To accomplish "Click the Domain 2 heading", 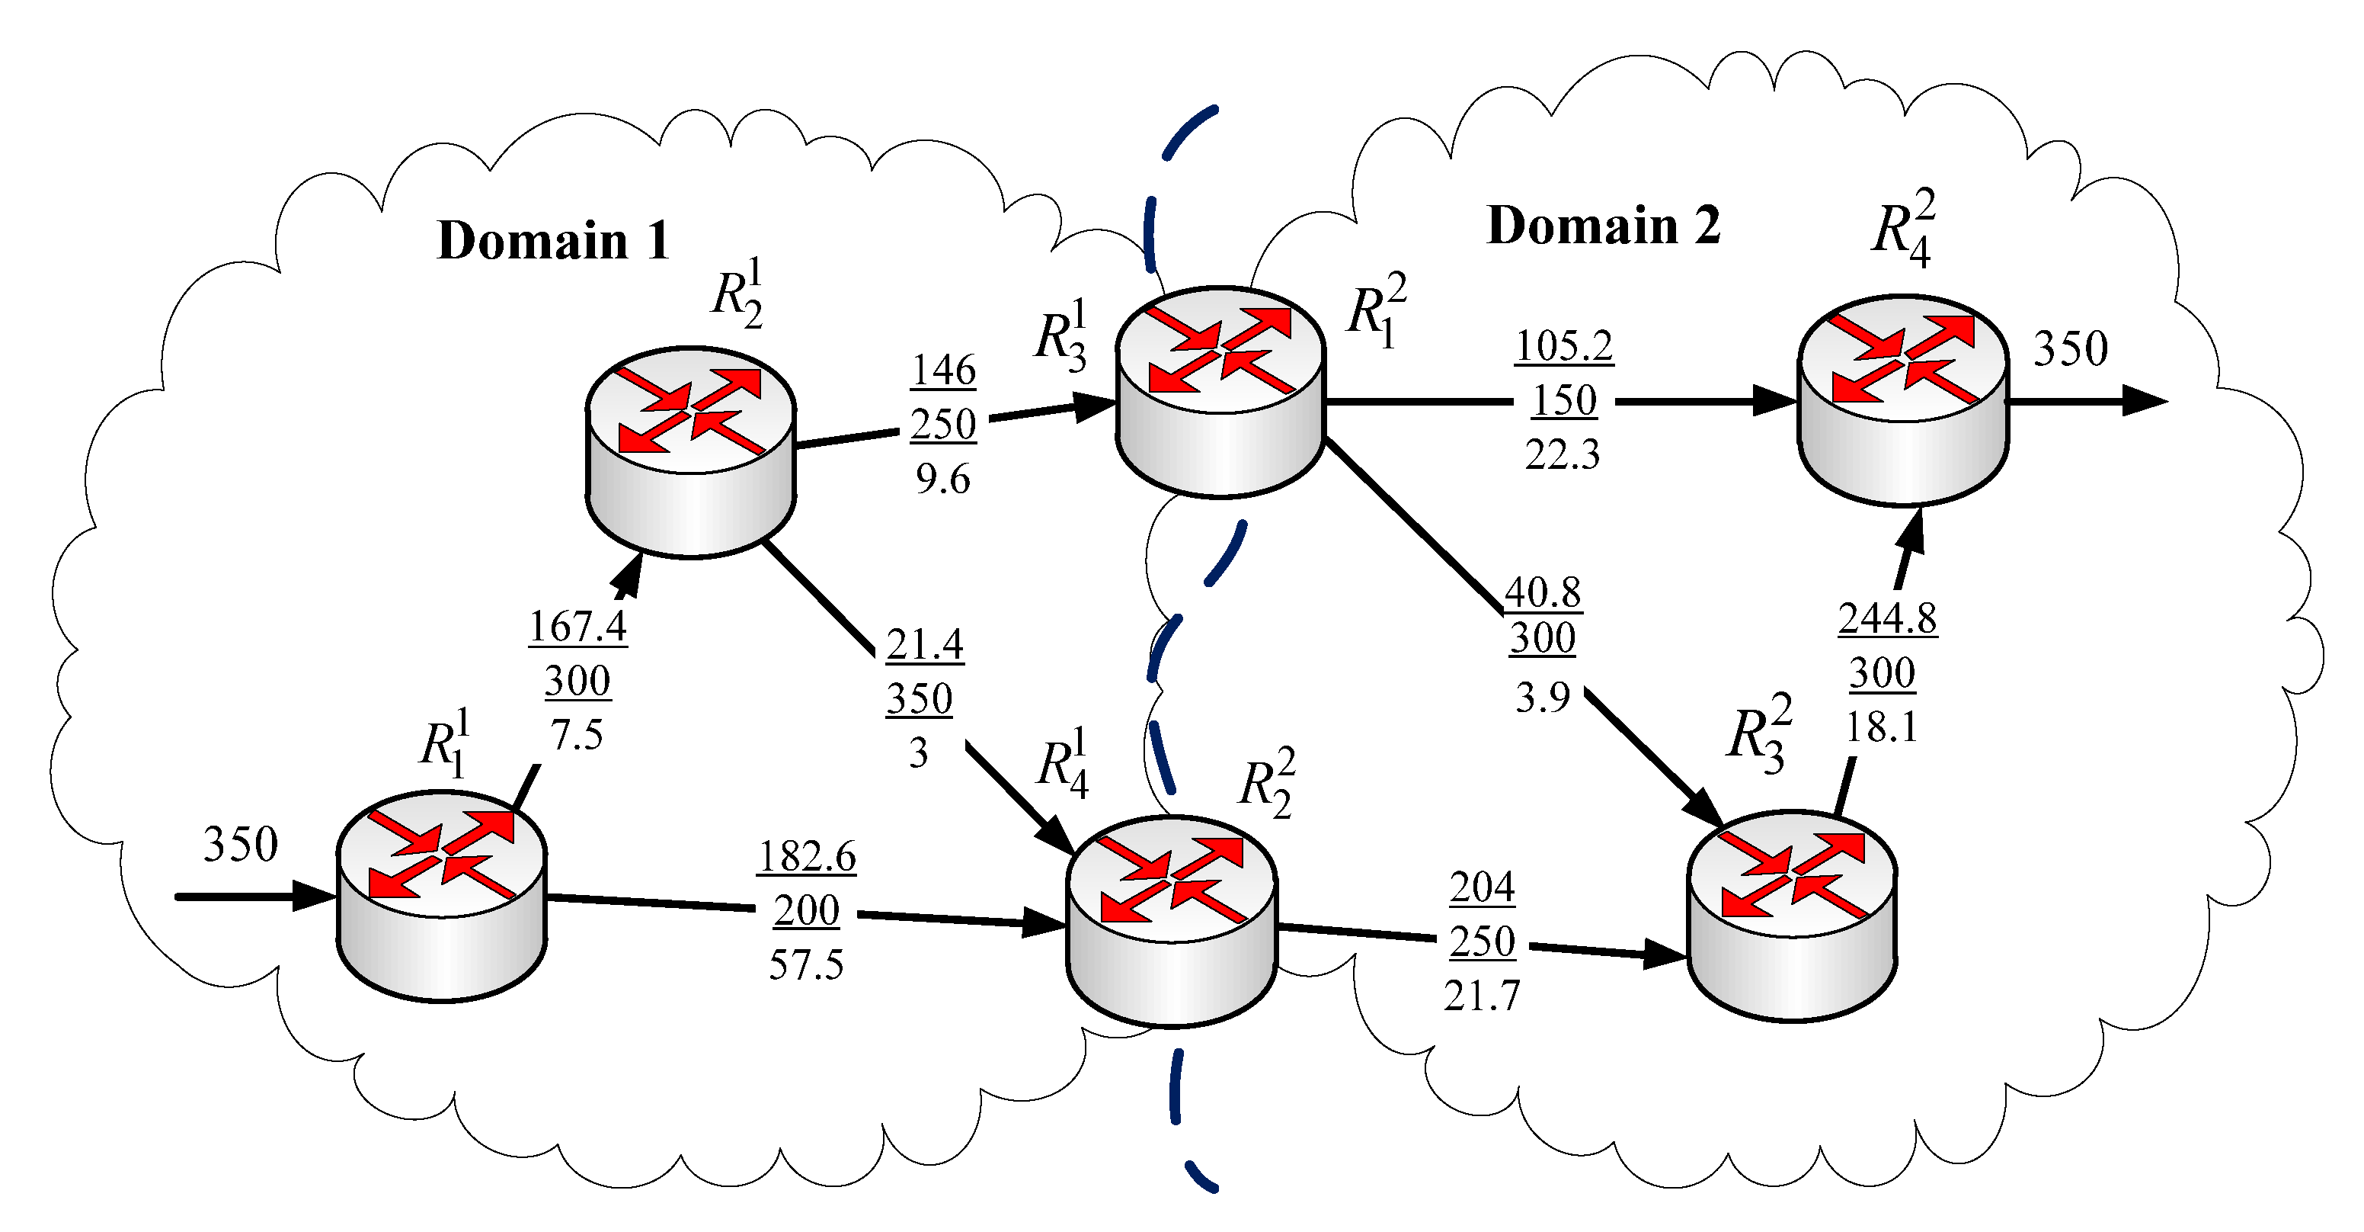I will [x=1602, y=226].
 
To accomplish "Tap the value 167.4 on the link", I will [x=577, y=626].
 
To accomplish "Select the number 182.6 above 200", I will [x=806, y=855].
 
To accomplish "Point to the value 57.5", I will [x=806, y=965].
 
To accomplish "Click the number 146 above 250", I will [x=942, y=370].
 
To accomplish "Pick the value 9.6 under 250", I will [x=942, y=480].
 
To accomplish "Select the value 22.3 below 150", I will [x=1562, y=454].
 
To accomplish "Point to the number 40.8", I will [x=1543, y=592].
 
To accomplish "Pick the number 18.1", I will [x=1881, y=727].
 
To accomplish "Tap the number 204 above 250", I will [x=1482, y=887].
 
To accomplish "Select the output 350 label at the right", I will [x=2071, y=349].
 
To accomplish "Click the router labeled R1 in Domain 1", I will [x=441, y=895].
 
